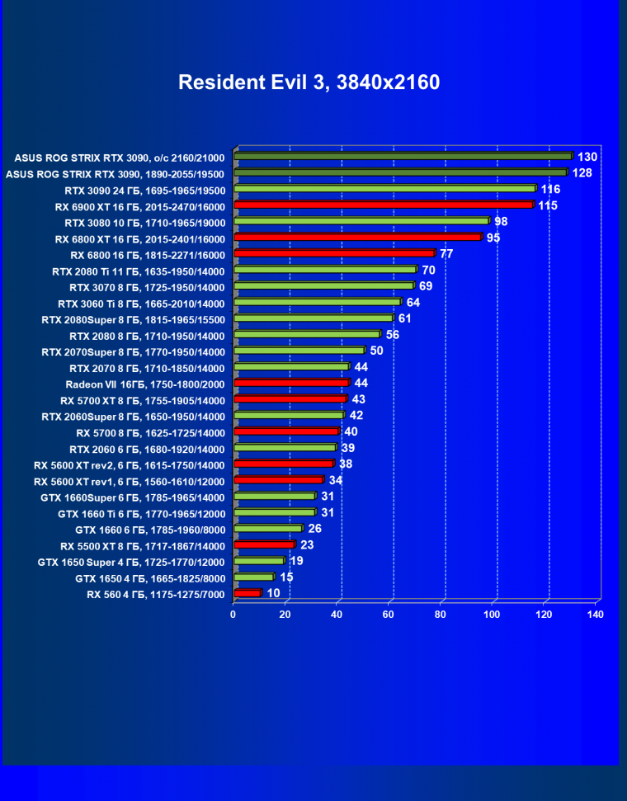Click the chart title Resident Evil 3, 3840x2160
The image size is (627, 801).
tap(309, 82)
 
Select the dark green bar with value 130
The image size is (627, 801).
tap(403, 156)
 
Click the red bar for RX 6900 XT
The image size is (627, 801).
tap(384, 205)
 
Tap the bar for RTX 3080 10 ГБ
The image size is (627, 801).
tap(361, 221)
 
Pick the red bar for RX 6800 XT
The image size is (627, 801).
tap(357, 238)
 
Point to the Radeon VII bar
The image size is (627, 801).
tap(291, 383)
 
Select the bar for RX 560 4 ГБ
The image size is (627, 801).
tap(247, 593)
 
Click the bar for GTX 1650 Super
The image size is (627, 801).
tap(258, 561)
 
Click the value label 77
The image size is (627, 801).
tap(446, 253)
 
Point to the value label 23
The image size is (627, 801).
tap(307, 544)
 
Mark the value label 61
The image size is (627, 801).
tap(404, 318)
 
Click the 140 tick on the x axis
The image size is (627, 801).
tap(596, 615)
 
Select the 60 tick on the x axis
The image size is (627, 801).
tap(389, 615)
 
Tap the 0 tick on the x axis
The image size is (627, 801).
tap(233, 615)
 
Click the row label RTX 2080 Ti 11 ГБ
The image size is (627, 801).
tap(138, 270)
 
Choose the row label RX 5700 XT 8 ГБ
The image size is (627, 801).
tap(142, 399)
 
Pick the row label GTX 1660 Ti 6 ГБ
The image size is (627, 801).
tap(141, 512)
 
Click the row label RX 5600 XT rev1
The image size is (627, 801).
tap(129, 480)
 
